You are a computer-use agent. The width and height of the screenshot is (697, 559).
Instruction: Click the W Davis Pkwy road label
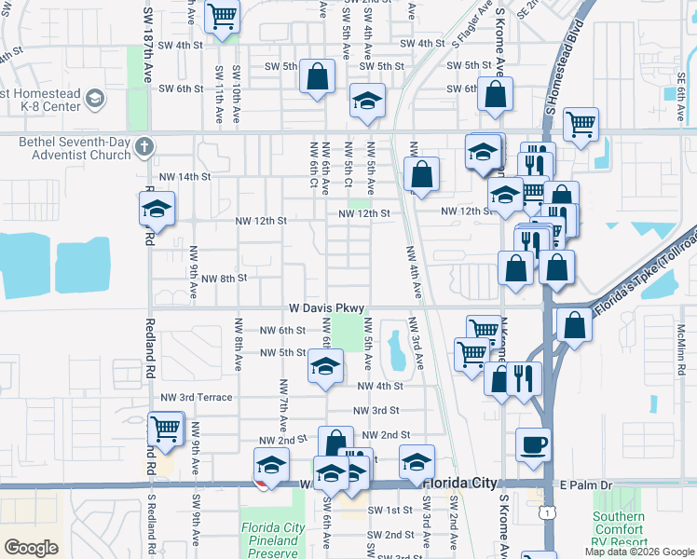click(325, 307)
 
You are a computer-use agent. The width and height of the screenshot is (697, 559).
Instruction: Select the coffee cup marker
click(534, 444)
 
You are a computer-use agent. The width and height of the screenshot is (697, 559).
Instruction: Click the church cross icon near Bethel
click(143, 146)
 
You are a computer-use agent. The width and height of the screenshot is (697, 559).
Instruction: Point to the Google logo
click(31, 547)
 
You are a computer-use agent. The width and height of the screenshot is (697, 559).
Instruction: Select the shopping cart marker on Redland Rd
click(166, 429)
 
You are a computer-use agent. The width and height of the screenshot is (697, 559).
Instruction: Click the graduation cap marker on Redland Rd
click(157, 211)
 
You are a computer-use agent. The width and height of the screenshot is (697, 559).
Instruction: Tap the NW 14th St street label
click(185, 176)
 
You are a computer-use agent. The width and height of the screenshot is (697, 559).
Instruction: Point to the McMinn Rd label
click(682, 343)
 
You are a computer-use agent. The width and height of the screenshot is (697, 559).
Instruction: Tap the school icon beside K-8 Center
click(94, 98)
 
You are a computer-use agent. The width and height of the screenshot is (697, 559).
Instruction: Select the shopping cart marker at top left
click(223, 15)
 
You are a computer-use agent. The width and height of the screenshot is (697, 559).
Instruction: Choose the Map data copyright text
click(638, 552)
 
